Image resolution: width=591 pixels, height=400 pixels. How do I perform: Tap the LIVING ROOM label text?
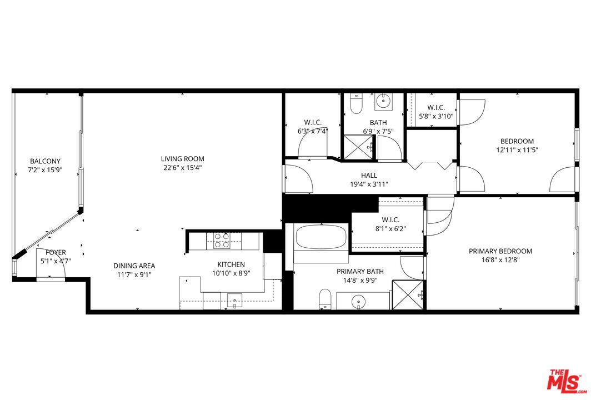[183, 159]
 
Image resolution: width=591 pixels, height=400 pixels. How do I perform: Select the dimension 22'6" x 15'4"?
[183, 168]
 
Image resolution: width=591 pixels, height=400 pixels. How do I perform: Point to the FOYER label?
[56, 252]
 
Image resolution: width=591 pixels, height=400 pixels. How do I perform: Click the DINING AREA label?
[134, 266]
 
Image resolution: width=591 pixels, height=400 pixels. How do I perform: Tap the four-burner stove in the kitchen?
[223, 240]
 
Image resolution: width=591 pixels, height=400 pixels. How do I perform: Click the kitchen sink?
[236, 301]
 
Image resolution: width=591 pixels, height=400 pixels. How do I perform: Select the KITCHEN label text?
[231, 264]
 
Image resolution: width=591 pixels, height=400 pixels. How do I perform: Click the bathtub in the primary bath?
[320, 238]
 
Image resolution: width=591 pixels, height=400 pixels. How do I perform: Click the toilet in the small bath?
[357, 104]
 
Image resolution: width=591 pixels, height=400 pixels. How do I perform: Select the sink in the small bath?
[383, 101]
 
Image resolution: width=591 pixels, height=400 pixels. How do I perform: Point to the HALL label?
[369, 176]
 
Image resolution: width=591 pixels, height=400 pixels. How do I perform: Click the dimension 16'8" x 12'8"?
[500, 260]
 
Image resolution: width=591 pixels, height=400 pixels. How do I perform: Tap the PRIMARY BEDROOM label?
[500, 251]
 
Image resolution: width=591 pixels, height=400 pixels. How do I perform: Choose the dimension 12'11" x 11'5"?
[517, 150]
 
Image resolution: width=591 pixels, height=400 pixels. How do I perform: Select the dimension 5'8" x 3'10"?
[436, 116]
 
